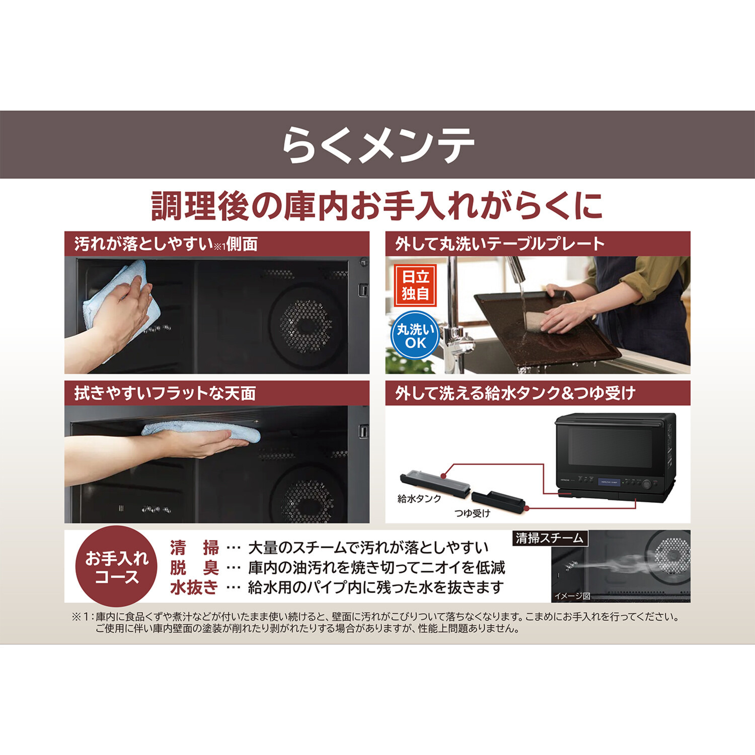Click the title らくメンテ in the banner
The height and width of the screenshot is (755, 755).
[377, 145]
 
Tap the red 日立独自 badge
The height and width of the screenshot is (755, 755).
[415, 285]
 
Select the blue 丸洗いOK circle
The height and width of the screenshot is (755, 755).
[415, 336]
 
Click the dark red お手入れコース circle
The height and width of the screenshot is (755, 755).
[116, 566]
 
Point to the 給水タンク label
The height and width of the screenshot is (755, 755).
[419, 498]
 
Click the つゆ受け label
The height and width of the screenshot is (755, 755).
[472, 513]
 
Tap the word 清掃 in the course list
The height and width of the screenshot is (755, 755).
[194, 548]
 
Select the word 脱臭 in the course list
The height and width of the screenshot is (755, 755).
[194, 568]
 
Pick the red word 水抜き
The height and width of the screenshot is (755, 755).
[194, 587]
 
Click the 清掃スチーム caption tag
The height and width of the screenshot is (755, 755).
[549, 538]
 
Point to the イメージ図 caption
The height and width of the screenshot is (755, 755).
[572, 596]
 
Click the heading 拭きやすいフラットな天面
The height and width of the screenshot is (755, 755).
[165, 393]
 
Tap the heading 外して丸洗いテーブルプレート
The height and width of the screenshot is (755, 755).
[499, 244]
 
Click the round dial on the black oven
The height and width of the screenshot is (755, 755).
[647, 484]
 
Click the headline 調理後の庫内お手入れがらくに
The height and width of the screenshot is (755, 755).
[377, 206]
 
